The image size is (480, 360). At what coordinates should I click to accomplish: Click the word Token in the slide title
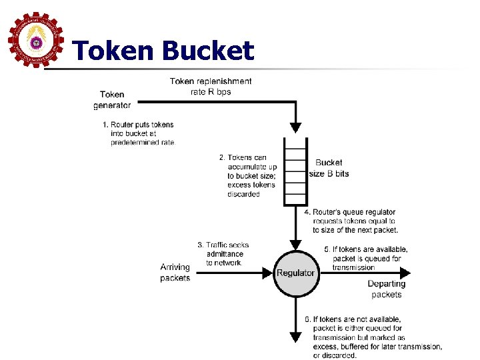pos(112,51)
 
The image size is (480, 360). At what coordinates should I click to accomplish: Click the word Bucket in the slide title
pos(207,51)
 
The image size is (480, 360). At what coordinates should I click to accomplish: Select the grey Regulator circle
pos(295,273)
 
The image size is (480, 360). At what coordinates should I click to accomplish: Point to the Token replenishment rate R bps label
pos(211,86)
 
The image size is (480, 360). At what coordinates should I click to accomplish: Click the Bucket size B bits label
pos(329,168)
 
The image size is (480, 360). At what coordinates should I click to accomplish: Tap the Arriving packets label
pos(175,273)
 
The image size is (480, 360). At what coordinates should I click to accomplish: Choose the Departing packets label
pos(387,289)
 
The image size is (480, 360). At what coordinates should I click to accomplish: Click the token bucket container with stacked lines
pos(295,171)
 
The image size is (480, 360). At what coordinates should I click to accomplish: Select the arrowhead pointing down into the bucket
pos(295,127)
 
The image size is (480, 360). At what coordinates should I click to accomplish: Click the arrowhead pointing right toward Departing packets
pos(405,273)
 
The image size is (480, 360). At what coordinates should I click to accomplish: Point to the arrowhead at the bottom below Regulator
pos(295,337)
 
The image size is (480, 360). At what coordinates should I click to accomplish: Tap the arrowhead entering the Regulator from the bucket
pos(295,244)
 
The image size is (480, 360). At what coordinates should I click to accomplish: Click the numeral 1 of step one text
pos(105,125)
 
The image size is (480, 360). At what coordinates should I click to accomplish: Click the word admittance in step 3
pos(225,254)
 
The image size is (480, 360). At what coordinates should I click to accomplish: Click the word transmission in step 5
pos(353,267)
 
